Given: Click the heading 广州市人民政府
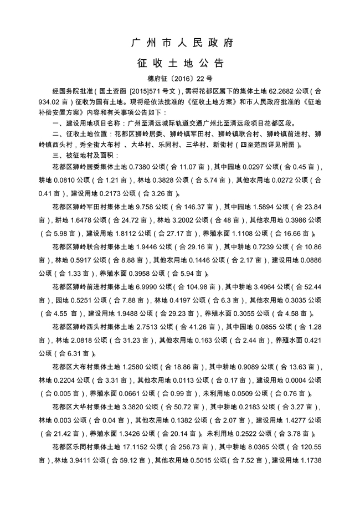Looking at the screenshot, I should pos(180,43).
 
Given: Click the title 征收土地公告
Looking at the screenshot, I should pos(180,62).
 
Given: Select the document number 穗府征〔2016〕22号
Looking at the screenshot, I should pos(180,79).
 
